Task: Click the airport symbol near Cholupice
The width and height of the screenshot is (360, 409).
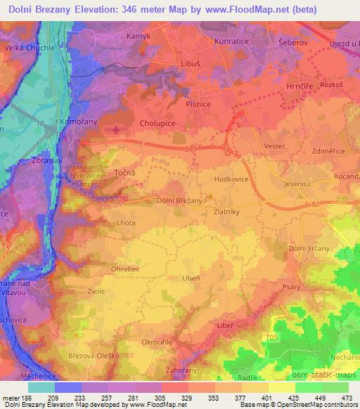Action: coord(116,130)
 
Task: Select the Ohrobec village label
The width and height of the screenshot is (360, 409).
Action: coord(126,267)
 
